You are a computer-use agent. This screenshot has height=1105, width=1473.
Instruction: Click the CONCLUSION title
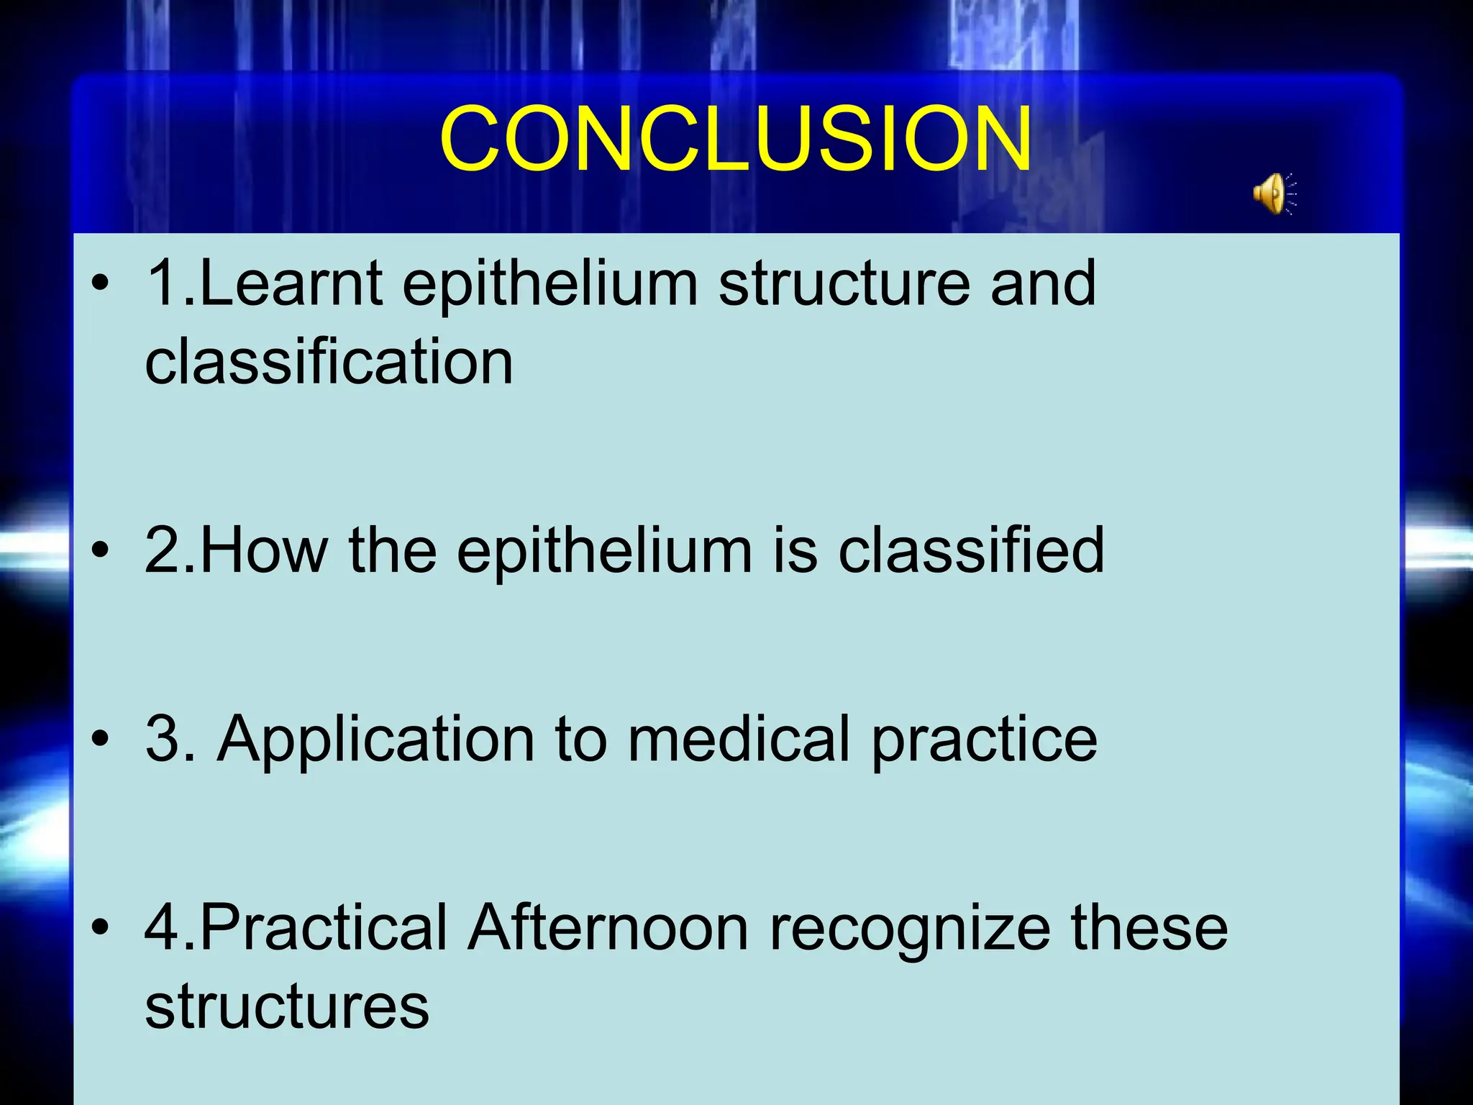pyautogui.click(x=735, y=139)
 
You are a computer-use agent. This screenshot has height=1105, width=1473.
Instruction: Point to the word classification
pyautogui.click(x=329, y=362)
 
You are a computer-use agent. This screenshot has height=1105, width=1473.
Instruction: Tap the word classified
pyautogui.click(x=971, y=550)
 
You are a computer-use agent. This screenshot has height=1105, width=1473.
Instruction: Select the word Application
pyautogui.click(x=375, y=740)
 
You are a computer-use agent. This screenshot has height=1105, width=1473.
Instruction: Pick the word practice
pyautogui.click(x=984, y=740)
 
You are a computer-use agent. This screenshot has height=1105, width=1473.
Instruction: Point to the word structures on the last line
pyautogui.click(x=286, y=1006)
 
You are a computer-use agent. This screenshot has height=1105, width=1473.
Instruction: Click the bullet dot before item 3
pyautogui.click(x=101, y=740)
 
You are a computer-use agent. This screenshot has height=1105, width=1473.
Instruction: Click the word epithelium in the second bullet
pyautogui.click(x=604, y=550)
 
